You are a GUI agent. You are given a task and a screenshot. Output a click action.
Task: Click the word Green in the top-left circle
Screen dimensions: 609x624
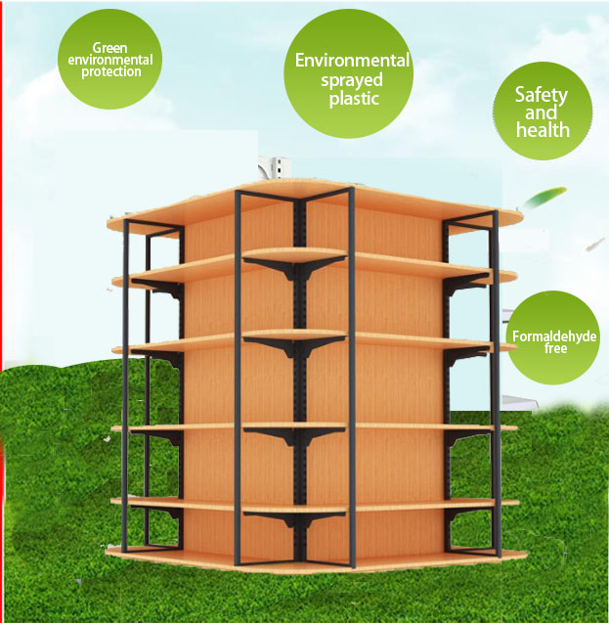coord(109,47)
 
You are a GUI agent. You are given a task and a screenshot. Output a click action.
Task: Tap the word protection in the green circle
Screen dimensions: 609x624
coord(109,72)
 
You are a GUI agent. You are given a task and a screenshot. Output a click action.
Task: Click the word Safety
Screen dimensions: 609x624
coord(542,95)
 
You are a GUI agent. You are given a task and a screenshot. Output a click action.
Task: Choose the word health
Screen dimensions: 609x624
coord(542,129)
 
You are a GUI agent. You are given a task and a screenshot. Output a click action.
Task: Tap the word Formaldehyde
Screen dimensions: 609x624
coord(554,337)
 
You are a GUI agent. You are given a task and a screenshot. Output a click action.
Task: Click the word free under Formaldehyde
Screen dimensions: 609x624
coord(554,349)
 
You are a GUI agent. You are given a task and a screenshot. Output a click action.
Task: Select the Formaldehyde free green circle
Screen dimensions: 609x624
coord(554,338)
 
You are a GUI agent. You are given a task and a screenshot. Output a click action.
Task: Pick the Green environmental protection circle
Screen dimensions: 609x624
coord(109,60)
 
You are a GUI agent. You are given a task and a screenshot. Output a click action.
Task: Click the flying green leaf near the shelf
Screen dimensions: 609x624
coord(541,200)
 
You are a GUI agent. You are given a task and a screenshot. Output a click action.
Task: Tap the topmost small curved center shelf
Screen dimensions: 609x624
coord(294,255)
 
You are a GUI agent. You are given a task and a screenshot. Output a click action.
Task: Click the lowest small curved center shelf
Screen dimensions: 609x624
coord(294,511)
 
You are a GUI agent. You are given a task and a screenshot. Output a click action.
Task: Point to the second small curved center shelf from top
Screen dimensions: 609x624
coord(294,337)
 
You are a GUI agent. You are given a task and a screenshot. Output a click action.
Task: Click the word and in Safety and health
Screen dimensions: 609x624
coord(542,112)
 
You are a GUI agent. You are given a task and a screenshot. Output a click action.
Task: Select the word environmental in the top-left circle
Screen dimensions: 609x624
coord(109,60)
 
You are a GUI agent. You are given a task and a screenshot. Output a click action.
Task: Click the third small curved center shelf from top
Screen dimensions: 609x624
coord(294,426)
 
